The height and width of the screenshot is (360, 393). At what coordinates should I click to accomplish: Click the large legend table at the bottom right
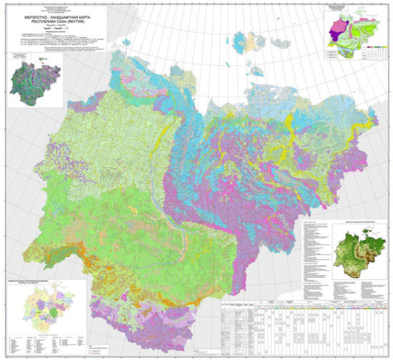click(x=300, y=321)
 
